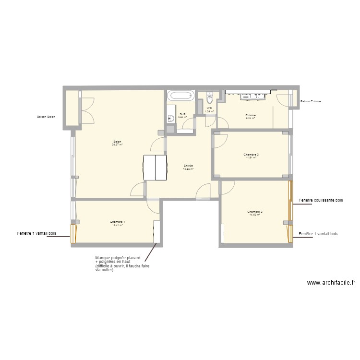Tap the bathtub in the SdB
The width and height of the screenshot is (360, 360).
pos(180,96)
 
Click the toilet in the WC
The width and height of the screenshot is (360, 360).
pos(209,98)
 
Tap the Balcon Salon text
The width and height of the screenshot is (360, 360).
pos(46,117)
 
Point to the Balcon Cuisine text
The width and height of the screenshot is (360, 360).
pos(311,102)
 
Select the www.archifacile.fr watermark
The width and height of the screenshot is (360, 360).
pos(331,283)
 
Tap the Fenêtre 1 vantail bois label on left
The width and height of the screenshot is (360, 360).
pos(36,234)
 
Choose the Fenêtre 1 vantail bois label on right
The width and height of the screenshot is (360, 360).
pos(318,234)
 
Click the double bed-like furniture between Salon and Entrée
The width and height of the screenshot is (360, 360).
pos(156,168)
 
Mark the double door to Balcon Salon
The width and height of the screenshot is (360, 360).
pos(87,111)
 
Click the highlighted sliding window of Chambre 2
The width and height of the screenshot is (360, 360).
pos(290,200)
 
